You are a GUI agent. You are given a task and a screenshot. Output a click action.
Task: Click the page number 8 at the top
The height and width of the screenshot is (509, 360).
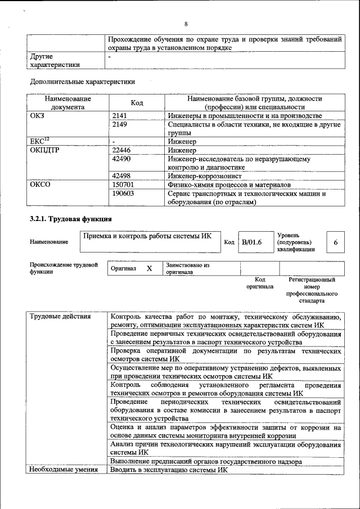pos(186,24)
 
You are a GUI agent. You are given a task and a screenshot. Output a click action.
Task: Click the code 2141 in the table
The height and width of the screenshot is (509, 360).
pos(121,115)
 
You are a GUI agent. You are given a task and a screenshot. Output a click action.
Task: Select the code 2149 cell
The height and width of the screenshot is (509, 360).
pos(121,124)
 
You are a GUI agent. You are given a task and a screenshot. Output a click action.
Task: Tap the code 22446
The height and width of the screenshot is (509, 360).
pos(121,151)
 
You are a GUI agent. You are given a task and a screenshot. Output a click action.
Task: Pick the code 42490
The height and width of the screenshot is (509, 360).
pos(121,159)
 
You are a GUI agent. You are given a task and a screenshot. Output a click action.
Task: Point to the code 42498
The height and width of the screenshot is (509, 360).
pos(121,176)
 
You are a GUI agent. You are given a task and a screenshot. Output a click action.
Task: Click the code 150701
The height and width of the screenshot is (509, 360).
pos(123,184)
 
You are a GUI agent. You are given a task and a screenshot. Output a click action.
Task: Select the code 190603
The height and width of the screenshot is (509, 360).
pos(123,193)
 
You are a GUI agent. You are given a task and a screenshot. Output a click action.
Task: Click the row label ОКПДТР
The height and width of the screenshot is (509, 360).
pos(44,151)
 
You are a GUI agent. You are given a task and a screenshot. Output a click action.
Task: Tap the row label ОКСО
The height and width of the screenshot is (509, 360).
pos(40,184)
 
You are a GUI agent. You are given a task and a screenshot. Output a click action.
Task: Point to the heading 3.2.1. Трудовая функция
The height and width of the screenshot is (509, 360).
pos(70,218)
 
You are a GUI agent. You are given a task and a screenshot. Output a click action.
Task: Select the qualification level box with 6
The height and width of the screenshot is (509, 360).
pos(336,242)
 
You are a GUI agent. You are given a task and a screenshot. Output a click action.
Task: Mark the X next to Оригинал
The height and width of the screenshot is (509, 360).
pos(150,269)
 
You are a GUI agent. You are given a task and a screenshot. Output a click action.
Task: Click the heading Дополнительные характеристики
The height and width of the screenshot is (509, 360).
pos(82,82)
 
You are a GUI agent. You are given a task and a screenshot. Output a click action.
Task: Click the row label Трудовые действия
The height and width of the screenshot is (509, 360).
pos(60,316)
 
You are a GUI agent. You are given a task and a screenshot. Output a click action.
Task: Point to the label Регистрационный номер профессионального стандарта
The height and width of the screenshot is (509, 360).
pos(312,290)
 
